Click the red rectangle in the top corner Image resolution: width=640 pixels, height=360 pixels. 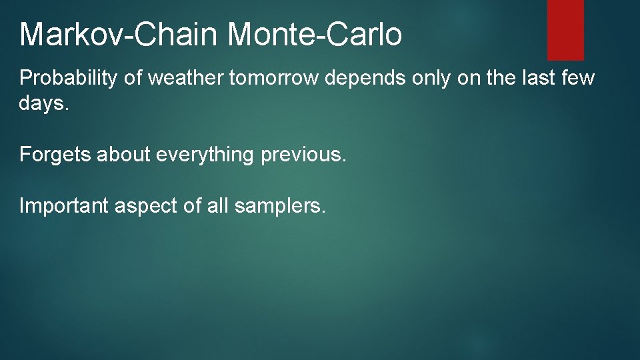[x=565, y=29]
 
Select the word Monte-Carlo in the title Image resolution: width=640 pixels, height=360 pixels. [x=315, y=35]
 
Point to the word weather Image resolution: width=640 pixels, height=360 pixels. [x=185, y=79]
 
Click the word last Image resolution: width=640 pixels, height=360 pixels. [x=538, y=79]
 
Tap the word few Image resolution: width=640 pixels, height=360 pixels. [x=577, y=79]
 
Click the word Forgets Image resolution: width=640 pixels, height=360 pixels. [x=55, y=155]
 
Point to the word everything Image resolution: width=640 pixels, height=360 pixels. [x=203, y=155]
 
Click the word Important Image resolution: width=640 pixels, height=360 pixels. [x=64, y=207]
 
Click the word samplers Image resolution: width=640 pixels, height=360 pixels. [x=280, y=207]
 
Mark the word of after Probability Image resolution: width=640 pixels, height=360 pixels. [x=134, y=79]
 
